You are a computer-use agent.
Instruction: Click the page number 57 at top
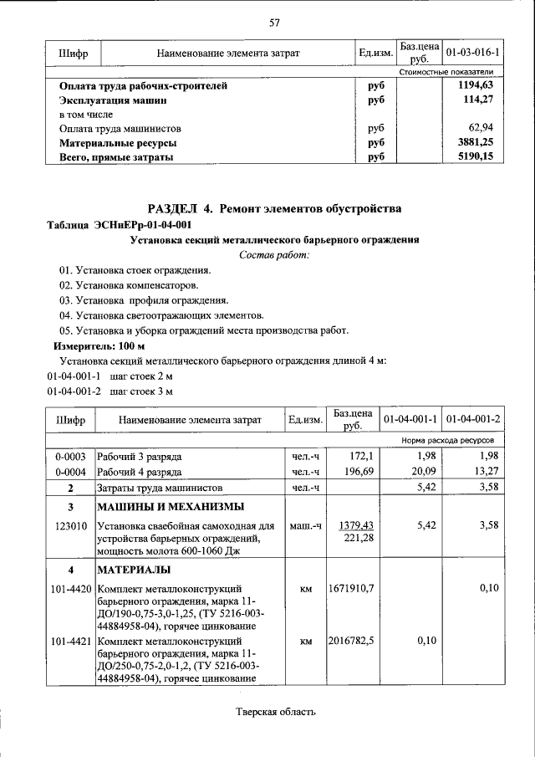pyautogui.click(x=274, y=23)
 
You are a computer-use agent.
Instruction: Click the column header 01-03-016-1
pyautogui.click(x=472, y=54)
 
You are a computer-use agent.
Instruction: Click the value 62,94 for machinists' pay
pyautogui.click(x=483, y=129)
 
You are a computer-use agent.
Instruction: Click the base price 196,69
pyautogui.click(x=350, y=472)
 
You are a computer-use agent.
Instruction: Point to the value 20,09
pyautogui.click(x=421, y=472)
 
